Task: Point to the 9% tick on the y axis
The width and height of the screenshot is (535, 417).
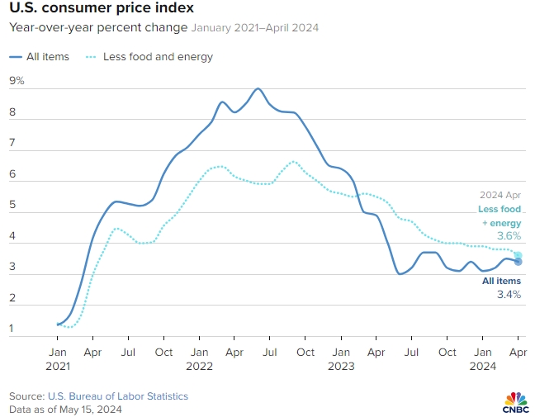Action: tap(17, 81)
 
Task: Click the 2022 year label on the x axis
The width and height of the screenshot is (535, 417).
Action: tap(199, 365)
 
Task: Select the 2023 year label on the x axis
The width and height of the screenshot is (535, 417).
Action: tap(340, 365)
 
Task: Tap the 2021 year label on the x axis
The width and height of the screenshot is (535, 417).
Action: tap(59, 365)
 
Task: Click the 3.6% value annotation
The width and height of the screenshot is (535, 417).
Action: tap(509, 236)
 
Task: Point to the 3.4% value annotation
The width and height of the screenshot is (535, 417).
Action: tap(509, 294)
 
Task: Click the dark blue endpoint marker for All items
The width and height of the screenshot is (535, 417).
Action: tap(518, 262)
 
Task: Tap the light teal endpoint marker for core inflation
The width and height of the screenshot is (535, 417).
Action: tap(518, 255)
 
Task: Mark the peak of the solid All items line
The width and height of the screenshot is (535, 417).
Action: tap(258, 88)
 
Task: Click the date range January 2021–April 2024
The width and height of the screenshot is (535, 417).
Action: tap(255, 27)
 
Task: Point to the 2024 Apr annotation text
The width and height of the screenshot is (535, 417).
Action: tap(502, 196)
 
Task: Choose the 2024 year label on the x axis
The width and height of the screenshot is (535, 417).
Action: tap(481, 365)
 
